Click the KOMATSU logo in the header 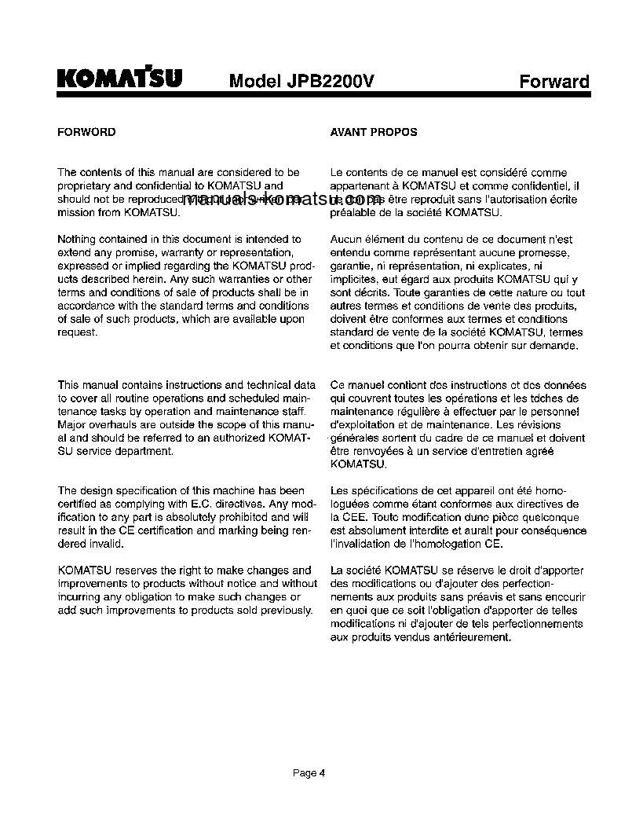click(119, 79)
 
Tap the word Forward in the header click(554, 82)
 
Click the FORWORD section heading click(87, 132)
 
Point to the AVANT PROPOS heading click(374, 132)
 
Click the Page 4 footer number click(309, 773)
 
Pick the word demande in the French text click(557, 346)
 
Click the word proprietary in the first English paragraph click(85, 185)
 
